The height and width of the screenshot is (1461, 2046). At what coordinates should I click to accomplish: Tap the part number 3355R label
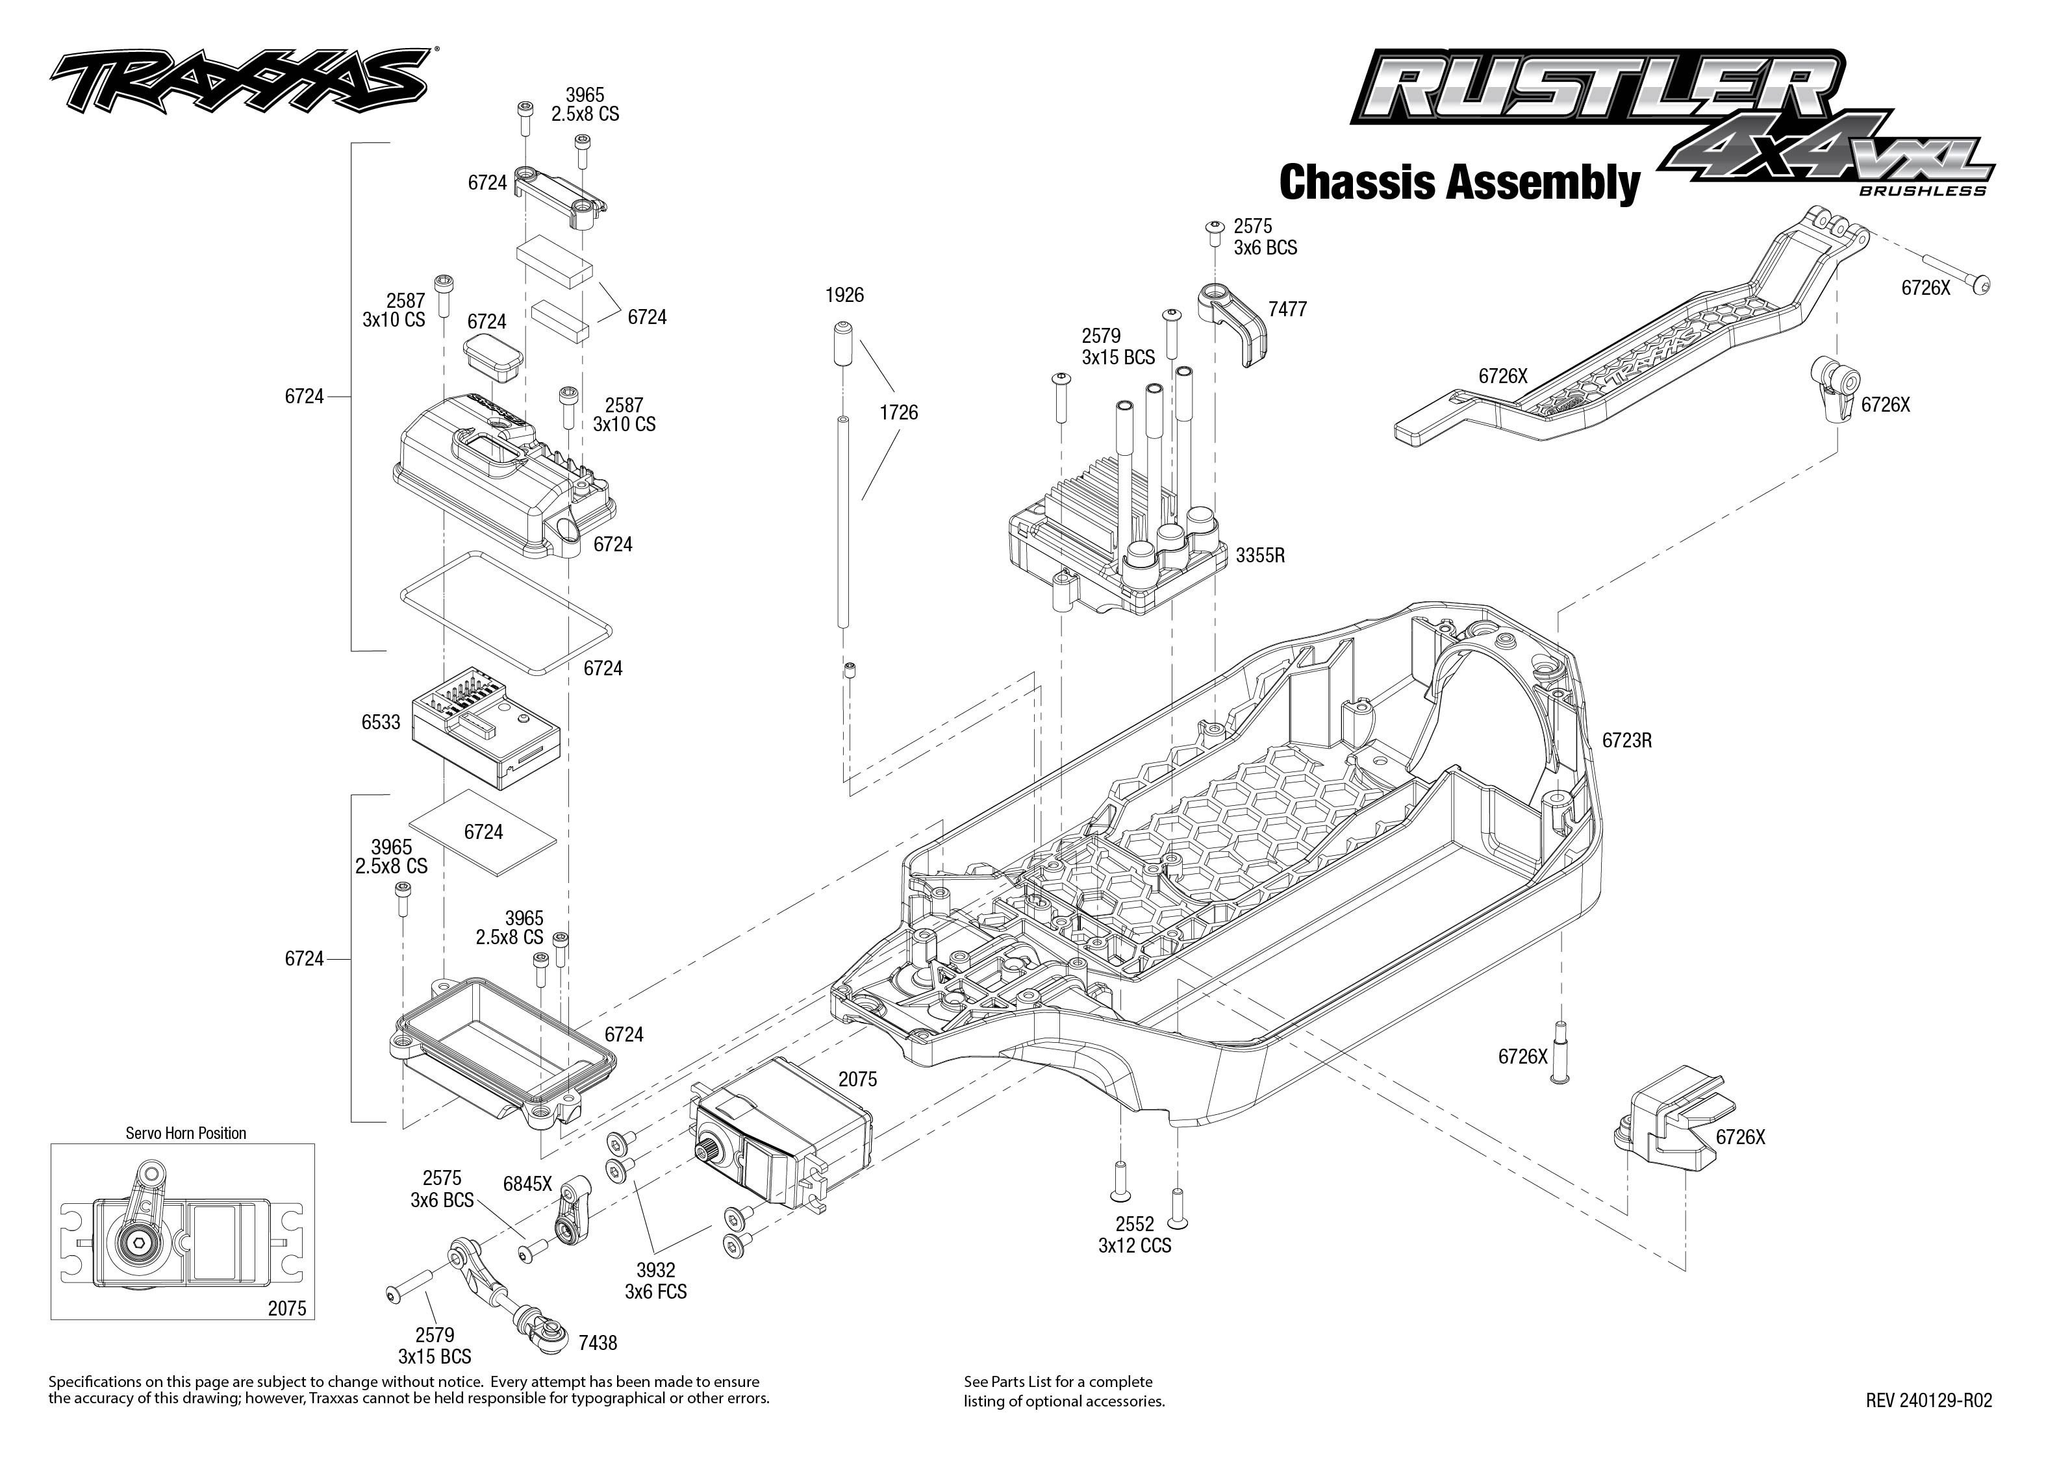pyautogui.click(x=1259, y=556)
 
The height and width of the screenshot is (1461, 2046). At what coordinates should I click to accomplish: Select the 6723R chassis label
pyautogui.click(x=1626, y=740)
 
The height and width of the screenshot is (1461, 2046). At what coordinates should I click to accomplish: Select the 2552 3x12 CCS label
pyautogui.click(x=1133, y=1235)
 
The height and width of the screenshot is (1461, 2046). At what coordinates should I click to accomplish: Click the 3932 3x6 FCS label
pyautogui.click(x=655, y=1281)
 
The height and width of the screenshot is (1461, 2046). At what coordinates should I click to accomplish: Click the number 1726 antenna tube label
pyautogui.click(x=898, y=413)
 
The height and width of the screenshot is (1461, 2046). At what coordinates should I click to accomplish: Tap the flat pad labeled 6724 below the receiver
pyautogui.click(x=483, y=833)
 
